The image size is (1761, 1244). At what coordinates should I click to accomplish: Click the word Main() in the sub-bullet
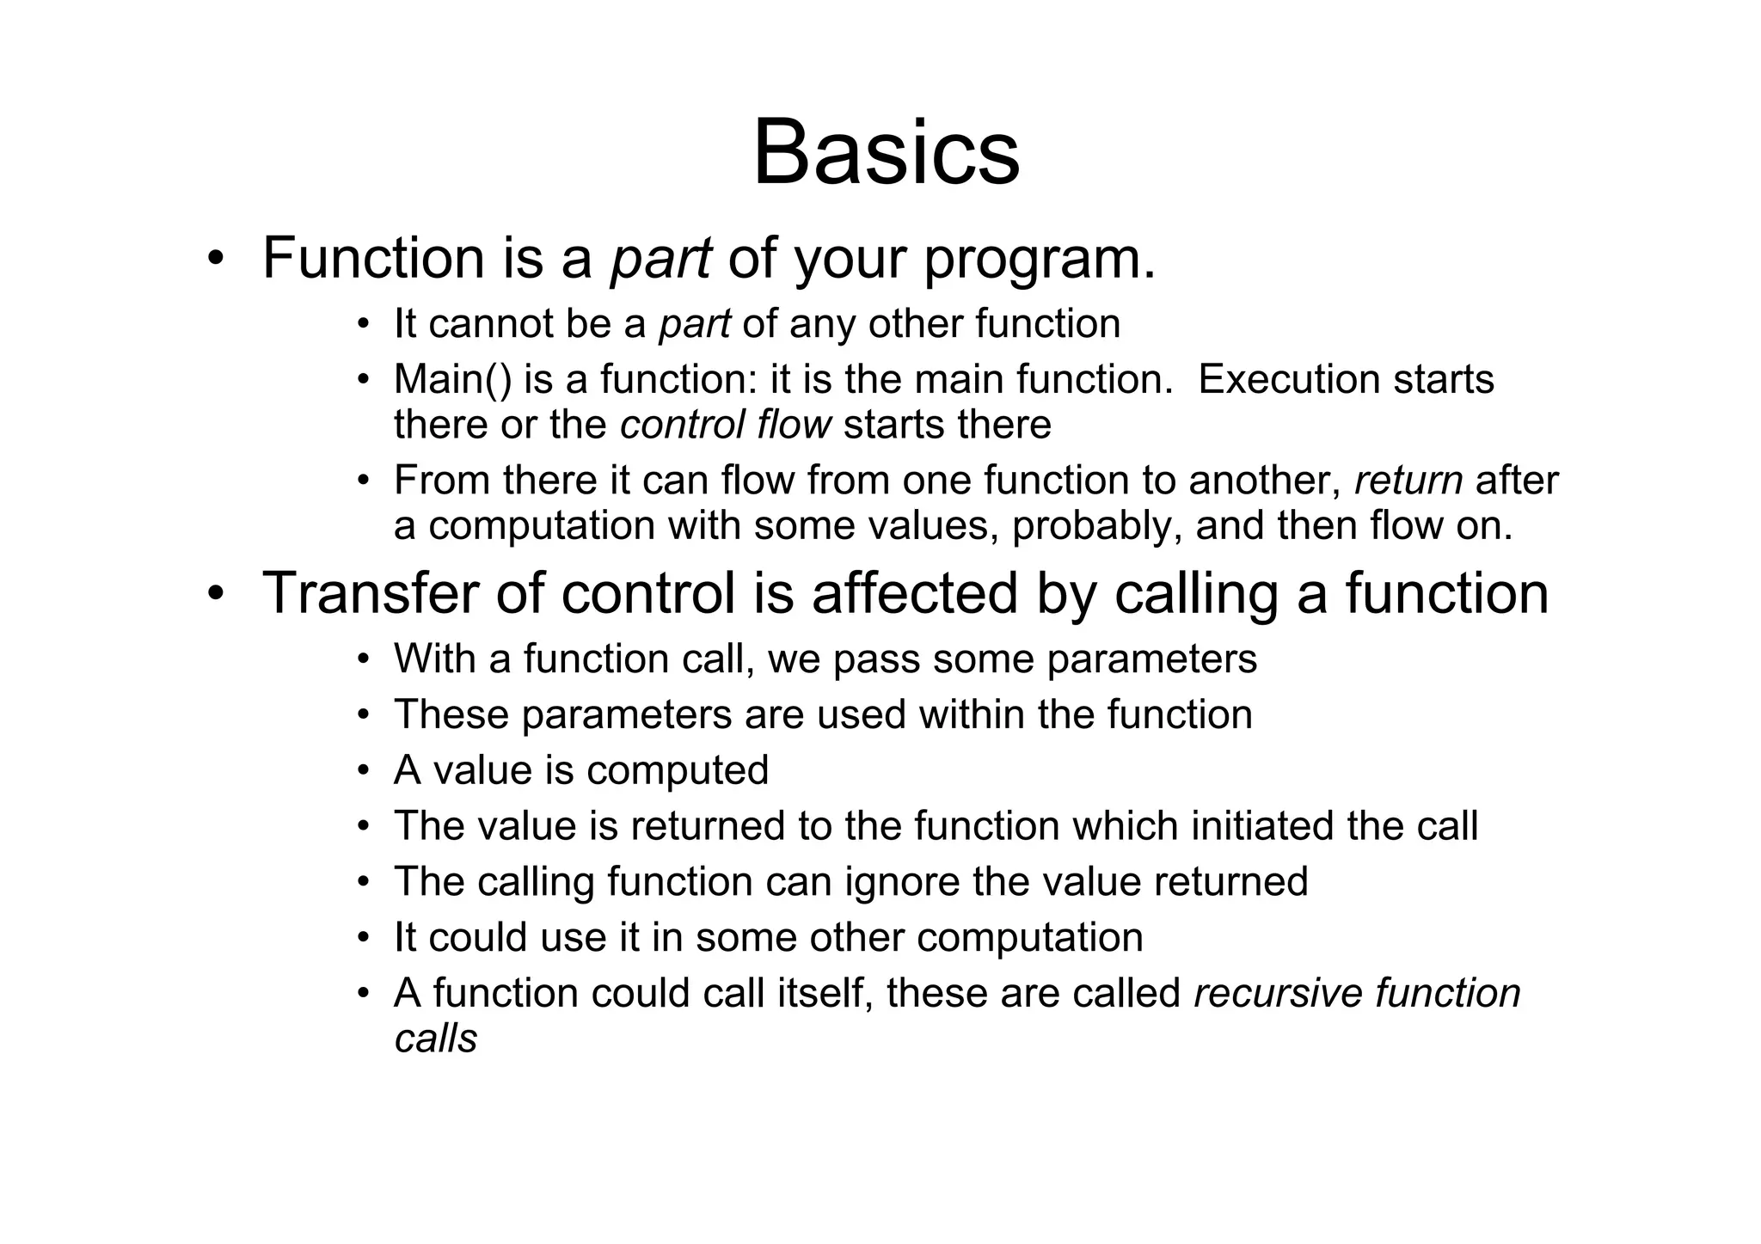[451, 379]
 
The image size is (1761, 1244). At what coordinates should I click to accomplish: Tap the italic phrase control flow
[726, 425]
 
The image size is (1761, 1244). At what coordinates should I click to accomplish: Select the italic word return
[1408, 480]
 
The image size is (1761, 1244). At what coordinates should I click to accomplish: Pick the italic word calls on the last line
[435, 1039]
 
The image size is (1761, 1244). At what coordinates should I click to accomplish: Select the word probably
[1090, 525]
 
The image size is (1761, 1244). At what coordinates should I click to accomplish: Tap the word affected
[914, 593]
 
